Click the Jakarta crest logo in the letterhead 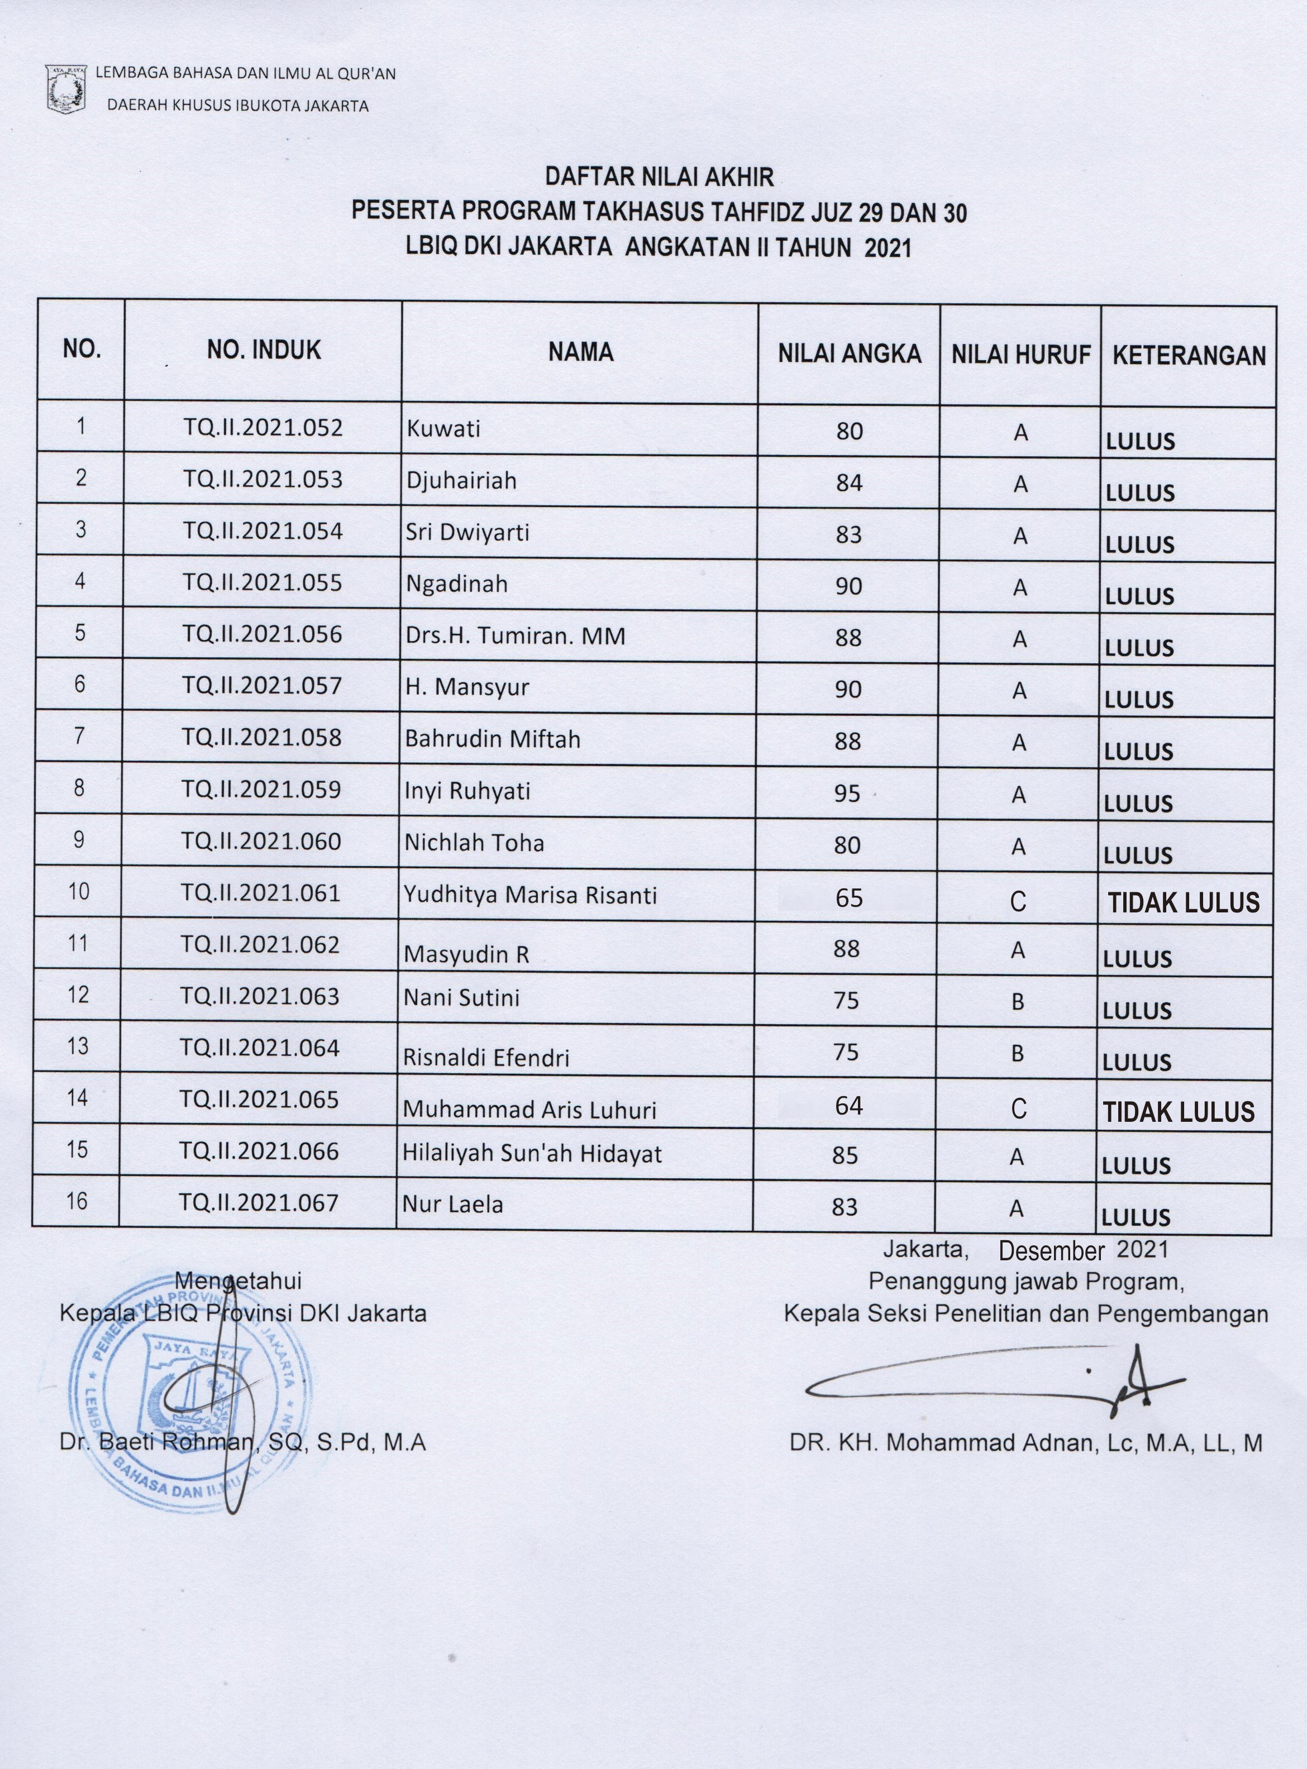66,91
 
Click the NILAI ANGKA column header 849,353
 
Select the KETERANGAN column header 1189,355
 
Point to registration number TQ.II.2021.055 263,583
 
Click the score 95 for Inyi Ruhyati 847,793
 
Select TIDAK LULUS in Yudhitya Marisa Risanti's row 1183,902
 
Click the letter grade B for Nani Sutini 1018,1002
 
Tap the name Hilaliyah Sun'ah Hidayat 532,1154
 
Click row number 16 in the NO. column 77,1201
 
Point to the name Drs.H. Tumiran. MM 515,636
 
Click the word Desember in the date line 1051,1250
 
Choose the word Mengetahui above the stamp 238,1280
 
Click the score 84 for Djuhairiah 849,482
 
